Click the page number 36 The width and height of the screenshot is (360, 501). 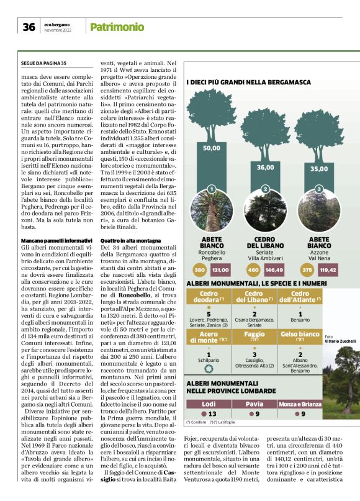click(x=29, y=27)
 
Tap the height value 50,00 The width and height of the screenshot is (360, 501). click(x=212, y=148)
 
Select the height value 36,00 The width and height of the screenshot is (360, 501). click(x=266, y=167)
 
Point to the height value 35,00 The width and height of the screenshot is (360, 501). click(x=319, y=168)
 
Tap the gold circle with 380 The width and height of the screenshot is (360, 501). click(x=199, y=270)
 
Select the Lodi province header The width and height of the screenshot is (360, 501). click(x=209, y=404)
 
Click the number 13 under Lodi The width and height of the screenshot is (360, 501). click(x=211, y=413)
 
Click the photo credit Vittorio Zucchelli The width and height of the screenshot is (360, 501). click(x=337, y=341)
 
